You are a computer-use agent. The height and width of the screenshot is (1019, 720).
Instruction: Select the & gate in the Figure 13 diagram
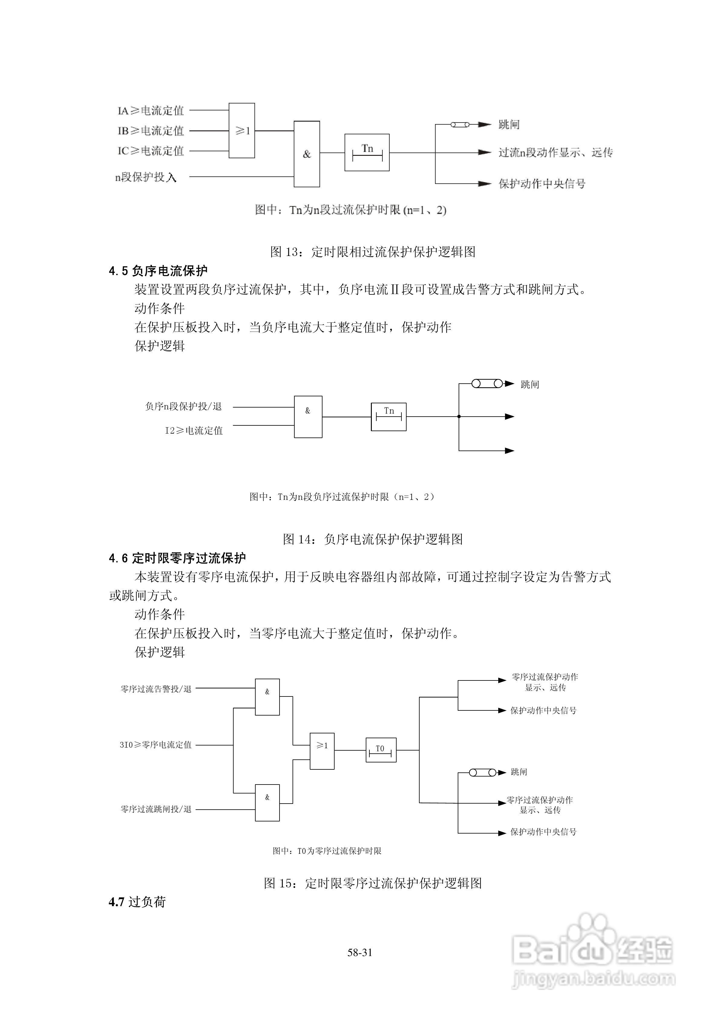307,154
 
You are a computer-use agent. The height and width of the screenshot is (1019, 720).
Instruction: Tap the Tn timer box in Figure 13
367,152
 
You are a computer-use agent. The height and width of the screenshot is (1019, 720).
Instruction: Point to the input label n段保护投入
146,177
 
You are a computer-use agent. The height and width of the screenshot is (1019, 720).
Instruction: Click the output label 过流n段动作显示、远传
555,153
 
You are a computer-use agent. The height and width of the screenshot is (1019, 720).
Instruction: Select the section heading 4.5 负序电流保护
158,271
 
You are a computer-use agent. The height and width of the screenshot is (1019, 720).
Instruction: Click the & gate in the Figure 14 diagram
308,417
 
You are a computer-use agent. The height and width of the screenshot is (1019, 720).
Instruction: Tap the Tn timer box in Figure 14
388,417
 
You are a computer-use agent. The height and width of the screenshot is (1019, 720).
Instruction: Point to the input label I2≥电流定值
194,431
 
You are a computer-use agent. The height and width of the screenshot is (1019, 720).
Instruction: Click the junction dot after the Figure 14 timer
459,416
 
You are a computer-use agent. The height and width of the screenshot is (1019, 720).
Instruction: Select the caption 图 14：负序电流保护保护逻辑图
373,539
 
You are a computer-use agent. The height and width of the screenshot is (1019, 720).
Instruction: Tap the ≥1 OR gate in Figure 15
322,751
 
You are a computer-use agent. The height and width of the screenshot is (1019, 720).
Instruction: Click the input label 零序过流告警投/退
156,689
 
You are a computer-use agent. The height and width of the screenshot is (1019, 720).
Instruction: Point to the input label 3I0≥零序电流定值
155,745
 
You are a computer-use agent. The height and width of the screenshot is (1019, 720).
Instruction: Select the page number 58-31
360,952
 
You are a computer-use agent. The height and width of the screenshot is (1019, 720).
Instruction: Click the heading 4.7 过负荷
137,902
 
